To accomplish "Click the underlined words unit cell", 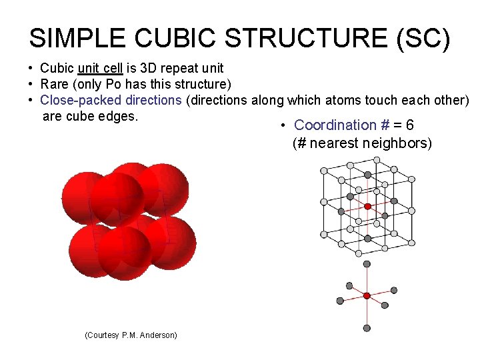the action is click(x=101, y=68).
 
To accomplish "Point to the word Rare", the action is click(x=55, y=84).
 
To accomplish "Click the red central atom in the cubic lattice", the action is click(x=367, y=206).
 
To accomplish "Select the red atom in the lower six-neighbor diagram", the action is click(x=367, y=295).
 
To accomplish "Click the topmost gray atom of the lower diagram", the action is click(x=367, y=264).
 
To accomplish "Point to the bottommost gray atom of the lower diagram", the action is click(x=367, y=327).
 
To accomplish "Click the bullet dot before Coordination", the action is click(x=284, y=125).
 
